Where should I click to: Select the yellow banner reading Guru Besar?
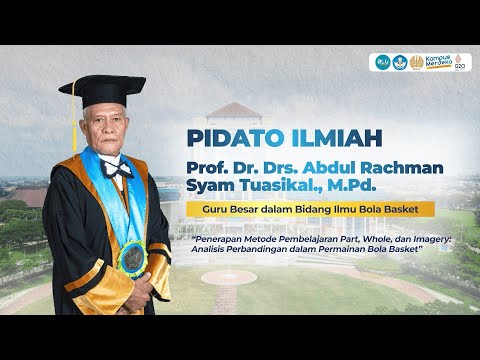coord(313,209)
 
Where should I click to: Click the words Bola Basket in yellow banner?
coord(405,209)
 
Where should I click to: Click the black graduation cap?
coord(103,90)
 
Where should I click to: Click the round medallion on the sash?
coord(131,259)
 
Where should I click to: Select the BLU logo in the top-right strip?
coord(381,62)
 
